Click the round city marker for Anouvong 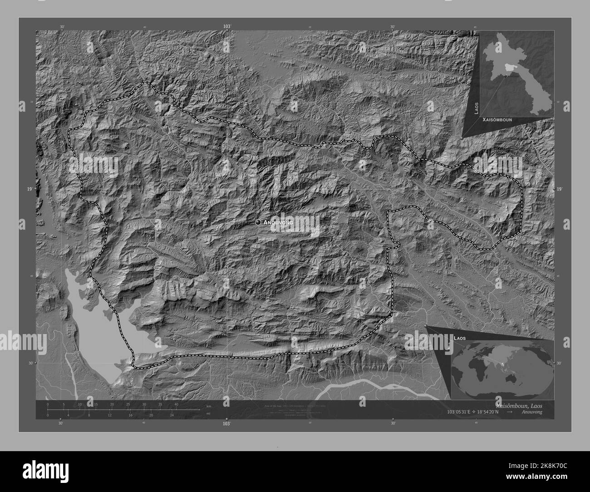click(x=258, y=222)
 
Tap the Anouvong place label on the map click(x=278, y=222)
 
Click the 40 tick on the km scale click(x=176, y=404)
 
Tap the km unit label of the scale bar click(x=208, y=406)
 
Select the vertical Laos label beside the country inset click(x=476, y=108)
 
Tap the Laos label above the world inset click(x=459, y=339)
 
